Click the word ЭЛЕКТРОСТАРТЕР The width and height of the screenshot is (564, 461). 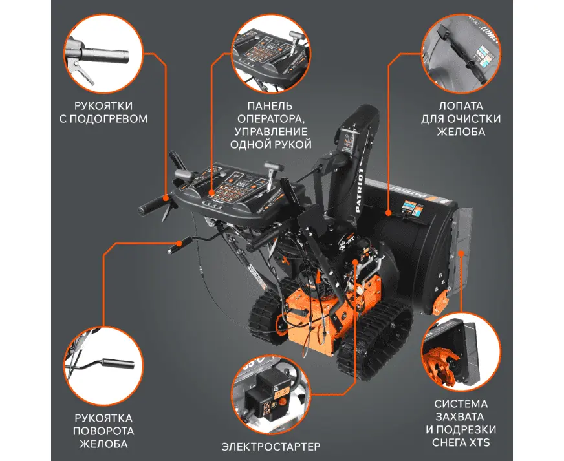coord(270,447)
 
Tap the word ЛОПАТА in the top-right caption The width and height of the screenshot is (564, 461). coord(461,106)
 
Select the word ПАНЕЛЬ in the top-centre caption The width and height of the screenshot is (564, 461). coord(270,106)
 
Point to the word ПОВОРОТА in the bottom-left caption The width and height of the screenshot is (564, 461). coord(103,431)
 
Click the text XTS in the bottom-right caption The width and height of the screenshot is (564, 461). coord(479,442)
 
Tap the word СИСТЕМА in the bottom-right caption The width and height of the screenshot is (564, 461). coord(461,404)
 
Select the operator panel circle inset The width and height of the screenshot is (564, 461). coord(270,54)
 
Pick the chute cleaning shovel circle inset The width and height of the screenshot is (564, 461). coord(461,54)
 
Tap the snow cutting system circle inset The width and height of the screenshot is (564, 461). coord(461,352)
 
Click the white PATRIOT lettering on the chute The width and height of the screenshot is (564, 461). coord(360,191)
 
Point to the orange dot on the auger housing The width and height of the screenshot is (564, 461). coord(389,213)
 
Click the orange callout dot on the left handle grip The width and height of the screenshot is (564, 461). coord(166,197)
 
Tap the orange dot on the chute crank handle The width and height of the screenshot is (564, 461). coord(179,243)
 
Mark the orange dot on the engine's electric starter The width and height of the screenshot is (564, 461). coord(356,262)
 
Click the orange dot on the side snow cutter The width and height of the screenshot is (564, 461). coord(461,253)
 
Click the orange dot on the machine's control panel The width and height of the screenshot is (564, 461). coord(211,193)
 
